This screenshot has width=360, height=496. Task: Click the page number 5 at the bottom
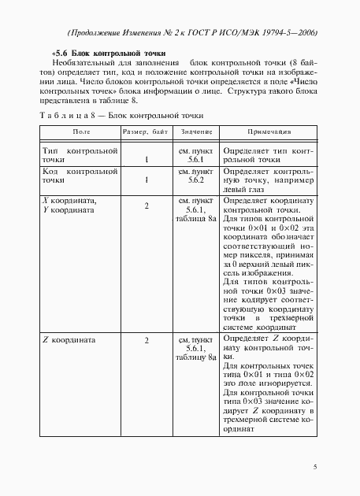point(316,467)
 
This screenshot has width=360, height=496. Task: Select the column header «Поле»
point(80,131)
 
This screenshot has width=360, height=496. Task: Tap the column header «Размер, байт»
point(147,131)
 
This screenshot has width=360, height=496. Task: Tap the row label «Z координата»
point(68,340)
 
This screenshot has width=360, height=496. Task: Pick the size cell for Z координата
point(147,341)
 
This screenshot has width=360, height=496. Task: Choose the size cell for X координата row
point(147,206)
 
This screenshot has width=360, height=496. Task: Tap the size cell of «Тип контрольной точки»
point(147,160)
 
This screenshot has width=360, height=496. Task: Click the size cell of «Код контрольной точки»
point(147,181)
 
